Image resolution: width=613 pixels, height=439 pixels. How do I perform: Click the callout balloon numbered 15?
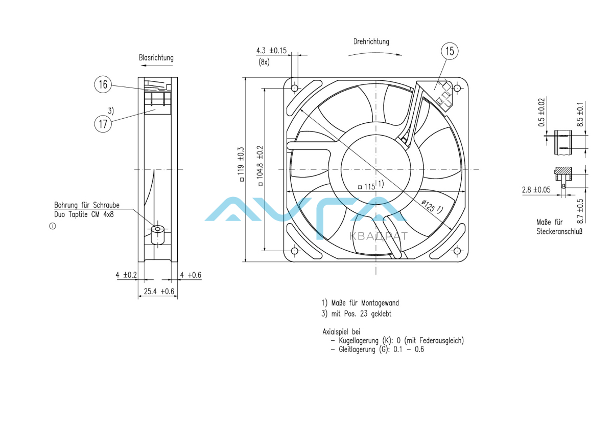click(x=450, y=51)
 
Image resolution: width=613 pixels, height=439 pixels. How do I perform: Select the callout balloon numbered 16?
click(x=103, y=84)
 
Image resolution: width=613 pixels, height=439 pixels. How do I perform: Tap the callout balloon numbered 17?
click(x=103, y=123)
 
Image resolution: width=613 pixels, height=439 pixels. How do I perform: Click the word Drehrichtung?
click(x=371, y=41)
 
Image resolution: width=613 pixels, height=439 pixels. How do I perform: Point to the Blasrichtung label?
click(x=156, y=58)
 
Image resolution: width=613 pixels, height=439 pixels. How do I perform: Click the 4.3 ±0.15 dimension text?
click(x=271, y=51)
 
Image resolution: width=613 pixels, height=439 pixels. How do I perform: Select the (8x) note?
click(x=264, y=62)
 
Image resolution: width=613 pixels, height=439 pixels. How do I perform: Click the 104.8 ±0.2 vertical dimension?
click(x=260, y=164)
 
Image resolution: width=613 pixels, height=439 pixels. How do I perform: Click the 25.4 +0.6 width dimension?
click(x=159, y=292)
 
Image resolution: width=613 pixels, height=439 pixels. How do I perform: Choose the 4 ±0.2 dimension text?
click(x=126, y=275)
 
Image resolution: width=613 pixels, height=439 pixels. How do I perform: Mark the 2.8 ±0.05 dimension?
click(x=536, y=190)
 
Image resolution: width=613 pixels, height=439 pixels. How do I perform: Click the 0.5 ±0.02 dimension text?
click(x=542, y=112)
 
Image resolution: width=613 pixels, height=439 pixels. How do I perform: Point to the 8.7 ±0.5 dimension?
click(x=580, y=211)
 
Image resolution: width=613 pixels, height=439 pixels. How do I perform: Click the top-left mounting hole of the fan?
click(x=295, y=88)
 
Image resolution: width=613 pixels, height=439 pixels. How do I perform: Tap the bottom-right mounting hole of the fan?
click(x=457, y=251)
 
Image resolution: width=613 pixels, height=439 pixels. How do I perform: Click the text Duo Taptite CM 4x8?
click(x=84, y=214)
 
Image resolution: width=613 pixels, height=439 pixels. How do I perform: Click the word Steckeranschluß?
click(x=559, y=232)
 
